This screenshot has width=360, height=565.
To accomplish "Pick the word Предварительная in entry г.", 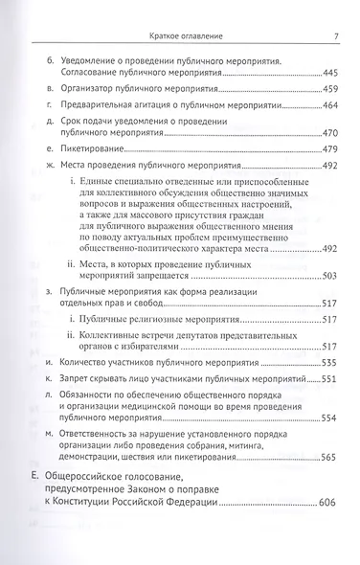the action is [108, 105].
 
